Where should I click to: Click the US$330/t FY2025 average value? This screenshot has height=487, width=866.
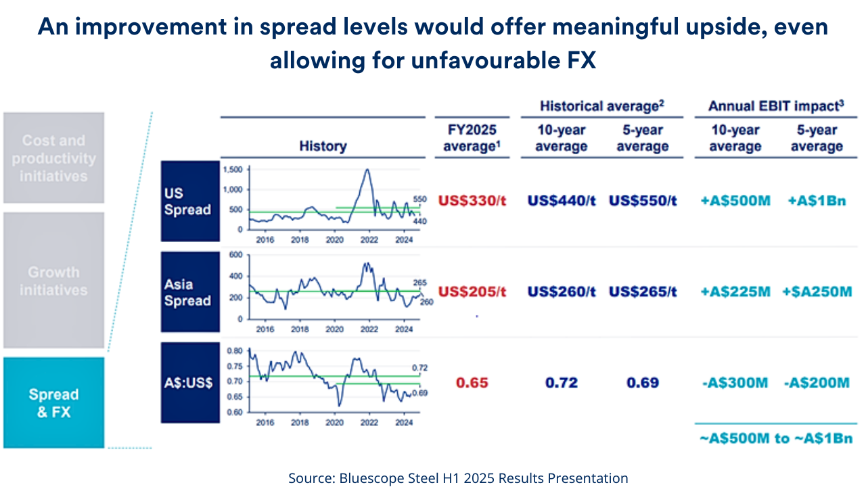tap(472, 201)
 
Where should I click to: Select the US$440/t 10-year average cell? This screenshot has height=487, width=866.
tap(561, 201)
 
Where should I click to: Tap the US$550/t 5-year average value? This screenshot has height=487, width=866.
tap(643, 201)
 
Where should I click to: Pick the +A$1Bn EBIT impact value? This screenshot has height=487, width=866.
tap(817, 201)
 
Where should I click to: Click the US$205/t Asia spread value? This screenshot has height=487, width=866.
tap(472, 292)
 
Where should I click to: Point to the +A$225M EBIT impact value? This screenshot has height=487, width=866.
tap(735, 292)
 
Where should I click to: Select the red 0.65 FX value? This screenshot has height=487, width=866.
tap(472, 383)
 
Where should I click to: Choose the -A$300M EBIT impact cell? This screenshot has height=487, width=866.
tap(735, 383)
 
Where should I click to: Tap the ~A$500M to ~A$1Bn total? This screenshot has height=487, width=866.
tap(775, 438)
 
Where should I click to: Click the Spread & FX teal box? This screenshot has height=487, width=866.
tap(53, 402)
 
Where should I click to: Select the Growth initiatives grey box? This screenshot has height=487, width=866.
tap(53, 281)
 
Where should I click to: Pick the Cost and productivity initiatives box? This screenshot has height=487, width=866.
tap(53, 158)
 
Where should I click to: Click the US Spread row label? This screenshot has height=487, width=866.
tap(190, 202)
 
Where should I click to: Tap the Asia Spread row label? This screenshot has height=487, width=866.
tap(190, 292)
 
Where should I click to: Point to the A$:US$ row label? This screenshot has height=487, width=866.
tap(190, 383)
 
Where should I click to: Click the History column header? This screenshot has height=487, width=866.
tap(323, 145)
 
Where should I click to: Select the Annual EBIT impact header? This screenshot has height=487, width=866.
tap(775, 106)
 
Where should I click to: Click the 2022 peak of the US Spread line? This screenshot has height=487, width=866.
tap(367, 170)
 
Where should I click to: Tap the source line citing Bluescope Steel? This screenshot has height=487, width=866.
tap(458, 478)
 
